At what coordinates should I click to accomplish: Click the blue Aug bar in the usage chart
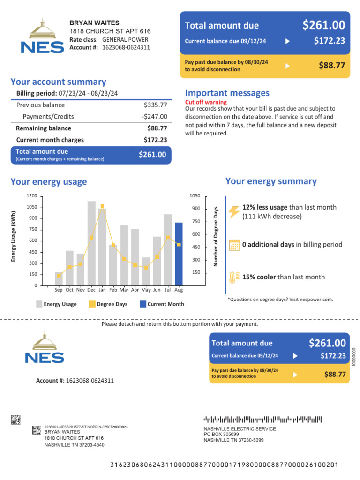(179, 254)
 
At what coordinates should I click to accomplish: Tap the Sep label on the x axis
(59, 290)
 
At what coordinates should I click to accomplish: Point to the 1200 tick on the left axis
(31, 196)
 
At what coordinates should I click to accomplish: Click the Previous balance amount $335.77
(155, 105)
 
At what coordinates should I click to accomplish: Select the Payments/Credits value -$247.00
(154, 117)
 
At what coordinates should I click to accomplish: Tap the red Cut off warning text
(206, 102)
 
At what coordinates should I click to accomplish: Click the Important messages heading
(227, 93)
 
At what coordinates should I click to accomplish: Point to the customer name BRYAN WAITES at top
(94, 23)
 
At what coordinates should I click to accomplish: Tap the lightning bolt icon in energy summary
(234, 211)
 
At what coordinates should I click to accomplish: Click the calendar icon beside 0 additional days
(234, 245)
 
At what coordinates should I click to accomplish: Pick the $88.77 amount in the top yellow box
(332, 66)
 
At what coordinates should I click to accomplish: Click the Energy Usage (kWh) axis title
(14, 236)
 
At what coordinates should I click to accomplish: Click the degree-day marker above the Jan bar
(102, 206)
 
